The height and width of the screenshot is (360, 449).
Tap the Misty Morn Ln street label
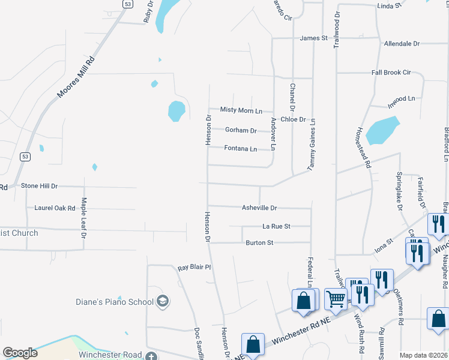tap(241, 110)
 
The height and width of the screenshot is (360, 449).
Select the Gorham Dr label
tap(241, 130)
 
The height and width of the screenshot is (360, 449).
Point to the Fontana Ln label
tap(241, 149)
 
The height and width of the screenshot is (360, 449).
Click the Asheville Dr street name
tap(259, 208)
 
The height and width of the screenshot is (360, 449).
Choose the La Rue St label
tap(276, 227)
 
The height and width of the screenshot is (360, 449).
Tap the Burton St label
tap(259, 243)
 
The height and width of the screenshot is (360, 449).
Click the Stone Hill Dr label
tap(40, 187)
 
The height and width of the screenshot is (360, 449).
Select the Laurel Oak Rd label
tap(55, 208)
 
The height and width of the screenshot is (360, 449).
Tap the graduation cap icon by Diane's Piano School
tap(163, 301)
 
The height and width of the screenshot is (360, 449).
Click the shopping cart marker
tap(336, 298)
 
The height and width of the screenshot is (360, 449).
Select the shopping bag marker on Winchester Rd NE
tap(253, 344)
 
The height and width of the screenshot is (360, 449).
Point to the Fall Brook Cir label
tap(391, 73)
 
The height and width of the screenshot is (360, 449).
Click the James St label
tap(313, 38)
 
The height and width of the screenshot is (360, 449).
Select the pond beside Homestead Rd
tap(382, 130)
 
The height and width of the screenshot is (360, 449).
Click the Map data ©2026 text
tap(423, 355)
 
